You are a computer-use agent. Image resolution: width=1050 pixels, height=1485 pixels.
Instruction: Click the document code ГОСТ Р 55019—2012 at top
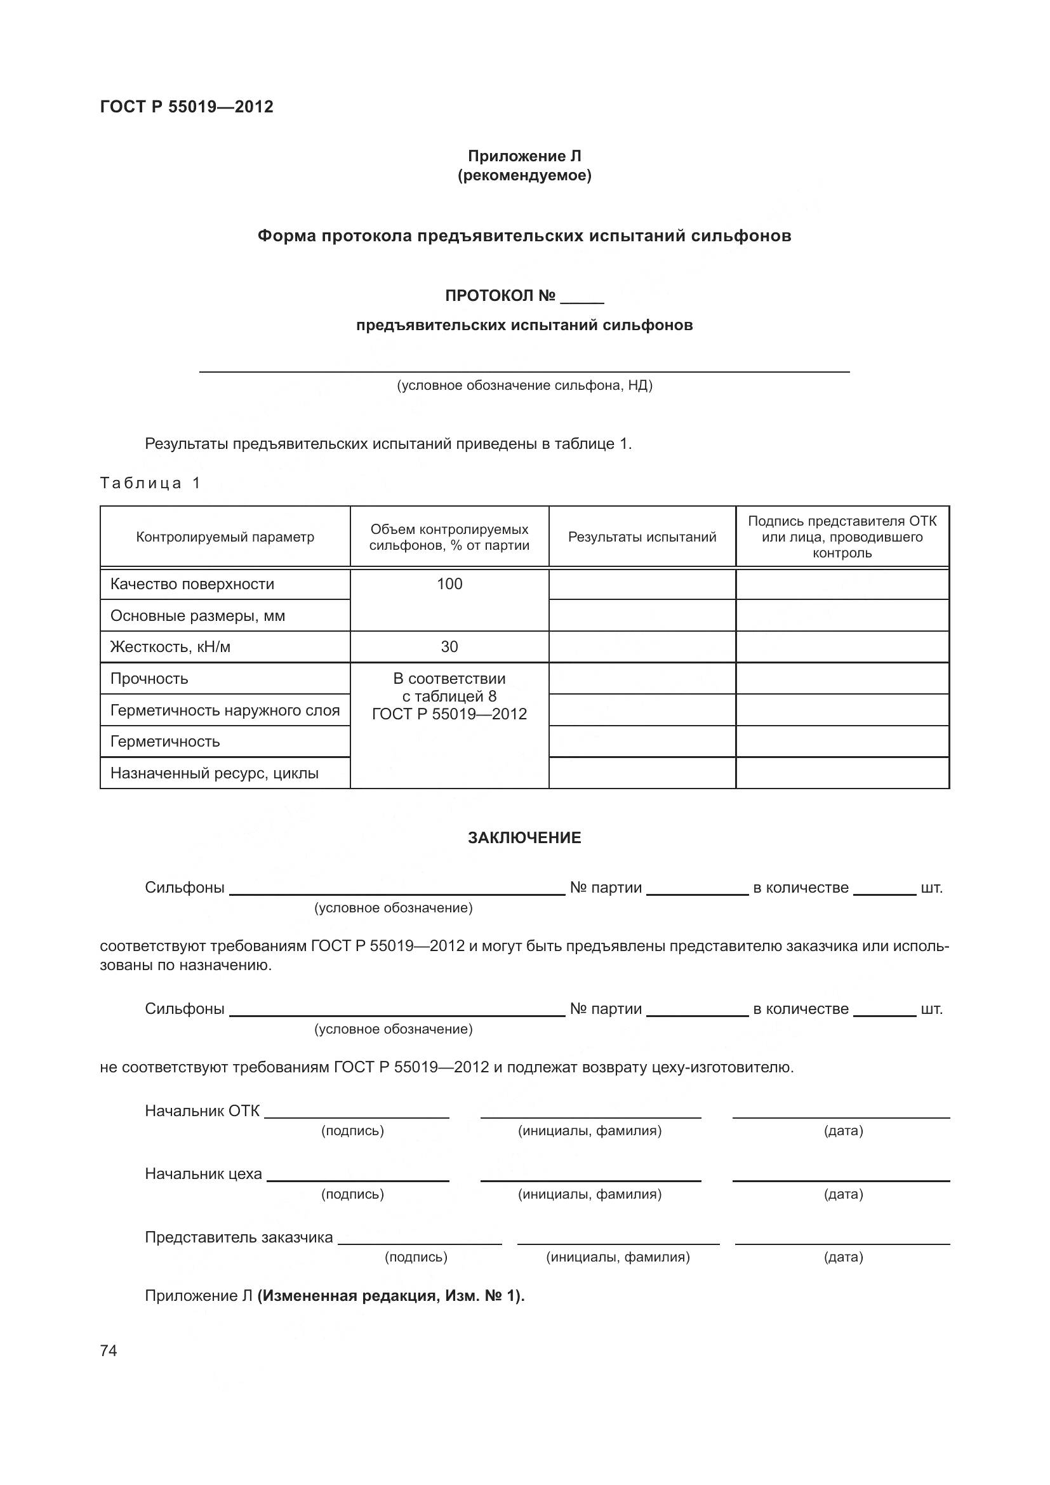(186, 107)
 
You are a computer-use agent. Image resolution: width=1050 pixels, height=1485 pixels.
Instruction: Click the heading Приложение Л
(524, 156)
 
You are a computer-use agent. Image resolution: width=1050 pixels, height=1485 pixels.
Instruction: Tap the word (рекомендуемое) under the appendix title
(524, 175)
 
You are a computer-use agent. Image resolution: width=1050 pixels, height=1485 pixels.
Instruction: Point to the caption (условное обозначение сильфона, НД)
(524, 385)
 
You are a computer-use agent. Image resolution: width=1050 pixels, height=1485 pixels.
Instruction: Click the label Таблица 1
(150, 483)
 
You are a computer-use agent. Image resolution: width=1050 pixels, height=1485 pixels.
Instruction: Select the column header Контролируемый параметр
(225, 537)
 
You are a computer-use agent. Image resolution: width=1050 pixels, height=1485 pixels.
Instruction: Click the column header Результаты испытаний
(642, 537)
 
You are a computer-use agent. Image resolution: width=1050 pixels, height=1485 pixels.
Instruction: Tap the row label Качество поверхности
(192, 584)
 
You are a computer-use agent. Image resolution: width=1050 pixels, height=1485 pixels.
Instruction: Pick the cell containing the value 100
(449, 584)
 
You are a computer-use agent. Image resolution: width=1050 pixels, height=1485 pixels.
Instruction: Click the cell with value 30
(449, 647)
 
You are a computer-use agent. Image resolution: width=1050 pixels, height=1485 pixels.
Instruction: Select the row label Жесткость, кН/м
(170, 647)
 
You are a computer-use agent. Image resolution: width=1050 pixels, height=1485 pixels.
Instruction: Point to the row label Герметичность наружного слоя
(225, 710)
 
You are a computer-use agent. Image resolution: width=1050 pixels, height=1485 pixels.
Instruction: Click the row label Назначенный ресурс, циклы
(214, 773)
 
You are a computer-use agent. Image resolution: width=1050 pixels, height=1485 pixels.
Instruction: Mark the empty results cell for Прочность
(642, 679)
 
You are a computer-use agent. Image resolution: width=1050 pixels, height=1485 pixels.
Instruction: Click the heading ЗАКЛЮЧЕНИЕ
(524, 837)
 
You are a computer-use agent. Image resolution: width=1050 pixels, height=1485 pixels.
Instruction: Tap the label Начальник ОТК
(202, 1111)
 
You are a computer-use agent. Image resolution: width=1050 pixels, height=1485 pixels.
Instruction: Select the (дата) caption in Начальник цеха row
(843, 1194)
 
